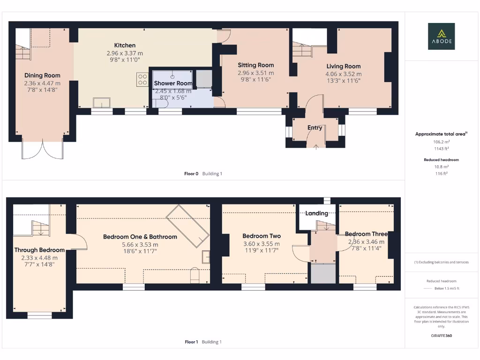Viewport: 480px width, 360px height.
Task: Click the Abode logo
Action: pos(441,37)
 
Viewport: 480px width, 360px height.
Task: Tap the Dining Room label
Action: pos(42,75)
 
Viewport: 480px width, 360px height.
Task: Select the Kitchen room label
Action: pos(125,45)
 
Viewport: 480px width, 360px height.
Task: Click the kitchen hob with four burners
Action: pos(142,80)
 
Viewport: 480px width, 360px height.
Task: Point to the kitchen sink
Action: pos(102,103)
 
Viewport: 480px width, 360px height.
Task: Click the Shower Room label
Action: pos(173,83)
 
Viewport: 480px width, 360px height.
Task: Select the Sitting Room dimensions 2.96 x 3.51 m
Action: pos(255,73)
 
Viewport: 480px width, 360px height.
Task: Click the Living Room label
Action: pos(344,66)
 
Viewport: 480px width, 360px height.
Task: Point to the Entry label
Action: pos(315,127)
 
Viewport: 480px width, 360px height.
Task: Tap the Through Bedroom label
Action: pos(39,250)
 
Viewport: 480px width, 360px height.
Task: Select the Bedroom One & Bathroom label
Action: pos(140,237)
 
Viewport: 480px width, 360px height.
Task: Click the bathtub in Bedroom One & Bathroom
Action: pos(187,226)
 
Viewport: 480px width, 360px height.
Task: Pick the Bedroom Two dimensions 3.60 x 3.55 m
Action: pos(261,244)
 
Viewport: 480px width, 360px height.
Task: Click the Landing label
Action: pos(317,213)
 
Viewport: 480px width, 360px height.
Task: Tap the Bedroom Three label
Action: pos(366,234)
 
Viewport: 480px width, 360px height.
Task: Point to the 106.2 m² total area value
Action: pos(441,141)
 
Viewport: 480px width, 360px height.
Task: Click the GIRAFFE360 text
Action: pos(441,336)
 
